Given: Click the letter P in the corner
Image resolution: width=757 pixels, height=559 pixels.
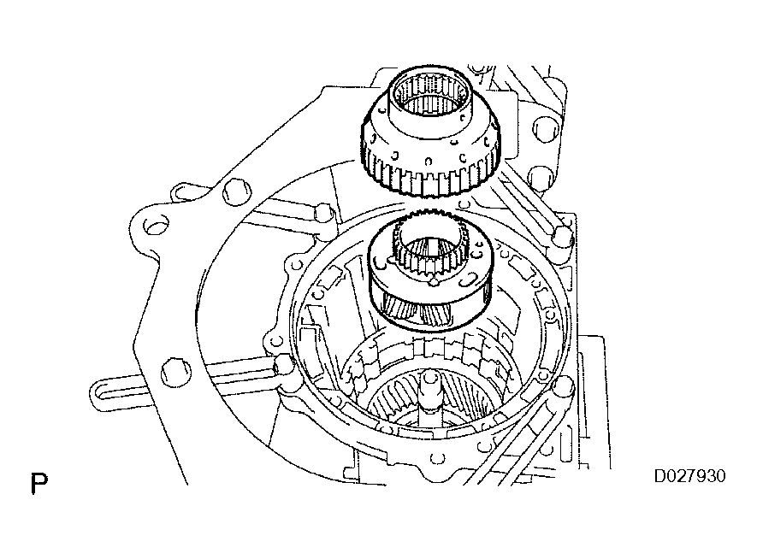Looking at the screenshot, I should [38, 483].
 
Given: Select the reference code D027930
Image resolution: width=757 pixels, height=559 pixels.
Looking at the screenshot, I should [689, 476].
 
